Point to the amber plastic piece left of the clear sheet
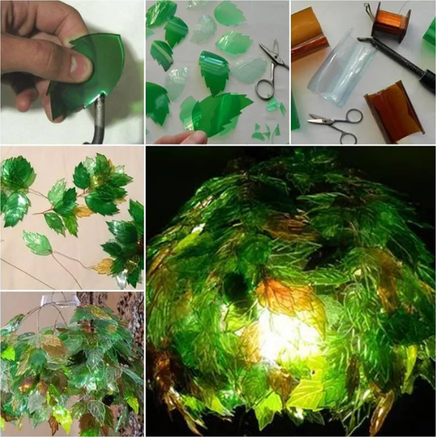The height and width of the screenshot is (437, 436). (x=309, y=34)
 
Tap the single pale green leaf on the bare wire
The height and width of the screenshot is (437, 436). (x=37, y=243)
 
